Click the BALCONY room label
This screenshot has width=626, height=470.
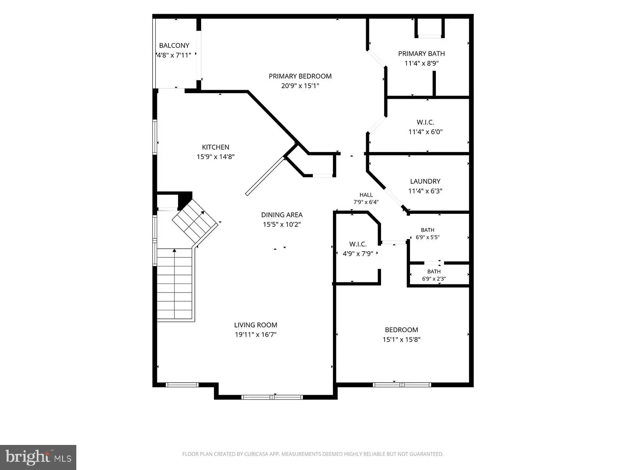(x=174, y=45)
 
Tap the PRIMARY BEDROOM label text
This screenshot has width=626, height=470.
(x=300, y=76)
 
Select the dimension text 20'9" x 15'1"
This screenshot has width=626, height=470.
(x=300, y=86)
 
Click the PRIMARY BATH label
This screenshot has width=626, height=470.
(x=421, y=54)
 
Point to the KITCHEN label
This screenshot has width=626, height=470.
(x=215, y=147)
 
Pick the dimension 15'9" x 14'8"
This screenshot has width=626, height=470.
(x=215, y=157)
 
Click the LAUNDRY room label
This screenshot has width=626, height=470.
(x=425, y=181)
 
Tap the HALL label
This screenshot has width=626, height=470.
(x=366, y=195)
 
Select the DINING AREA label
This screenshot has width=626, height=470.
(x=282, y=215)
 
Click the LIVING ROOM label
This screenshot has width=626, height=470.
(x=255, y=325)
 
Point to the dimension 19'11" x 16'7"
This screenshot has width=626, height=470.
(x=255, y=334)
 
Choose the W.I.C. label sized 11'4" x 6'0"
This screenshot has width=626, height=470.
(x=425, y=123)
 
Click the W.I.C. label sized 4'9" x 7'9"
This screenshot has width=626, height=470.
(x=358, y=244)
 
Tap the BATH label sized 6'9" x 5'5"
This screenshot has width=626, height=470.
(x=428, y=230)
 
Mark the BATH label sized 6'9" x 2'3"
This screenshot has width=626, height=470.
(x=434, y=272)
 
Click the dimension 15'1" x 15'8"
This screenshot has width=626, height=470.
(x=401, y=339)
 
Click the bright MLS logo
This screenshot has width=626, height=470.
(x=38, y=457)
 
